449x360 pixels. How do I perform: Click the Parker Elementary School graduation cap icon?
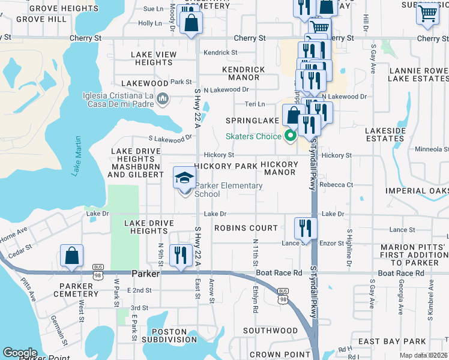point(185,178)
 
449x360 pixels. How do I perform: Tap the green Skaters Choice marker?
point(291,136)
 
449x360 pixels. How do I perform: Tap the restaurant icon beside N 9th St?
point(181,256)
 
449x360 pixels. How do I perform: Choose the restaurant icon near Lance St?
point(306,228)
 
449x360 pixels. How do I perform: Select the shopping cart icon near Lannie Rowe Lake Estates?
point(427,13)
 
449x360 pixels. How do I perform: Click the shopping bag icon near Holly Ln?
point(191,23)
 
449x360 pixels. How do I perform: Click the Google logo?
point(20,352)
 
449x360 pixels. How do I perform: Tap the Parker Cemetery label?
point(76,290)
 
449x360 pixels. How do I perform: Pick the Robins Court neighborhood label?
point(246,228)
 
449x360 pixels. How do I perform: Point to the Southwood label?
point(270,331)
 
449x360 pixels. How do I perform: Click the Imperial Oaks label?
point(417,191)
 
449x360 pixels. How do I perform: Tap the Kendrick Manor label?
point(244,73)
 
